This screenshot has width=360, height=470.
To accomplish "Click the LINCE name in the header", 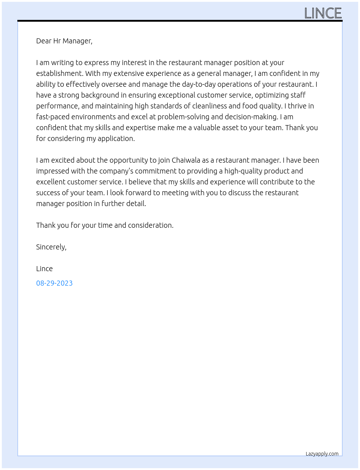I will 323,13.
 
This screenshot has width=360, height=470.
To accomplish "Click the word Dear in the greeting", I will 44,41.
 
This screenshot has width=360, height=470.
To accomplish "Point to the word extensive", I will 129,73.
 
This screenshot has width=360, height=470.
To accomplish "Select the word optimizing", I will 271,95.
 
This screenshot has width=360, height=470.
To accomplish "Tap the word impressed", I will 53,171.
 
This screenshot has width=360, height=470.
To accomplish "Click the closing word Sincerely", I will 51,247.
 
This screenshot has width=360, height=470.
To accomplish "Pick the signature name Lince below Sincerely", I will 44,269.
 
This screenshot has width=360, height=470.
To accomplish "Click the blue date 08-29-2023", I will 54,283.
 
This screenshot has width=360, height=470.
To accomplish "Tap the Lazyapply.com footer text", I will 322,454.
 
